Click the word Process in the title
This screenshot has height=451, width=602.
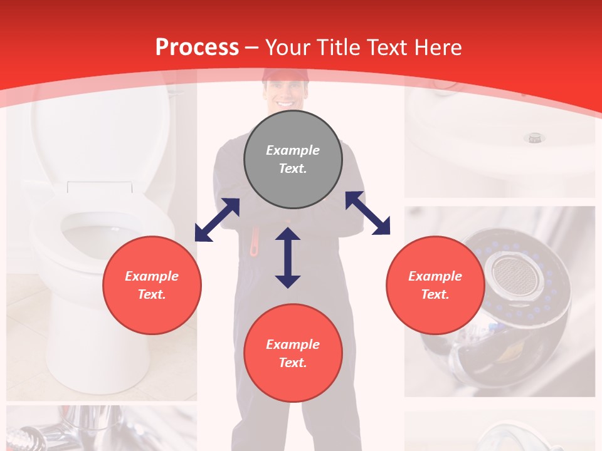pyautogui.click(x=197, y=48)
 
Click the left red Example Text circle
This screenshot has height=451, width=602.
pyautogui.click(x=152, y=285)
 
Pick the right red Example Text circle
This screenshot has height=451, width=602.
pyautogui.click(x=435, y=285)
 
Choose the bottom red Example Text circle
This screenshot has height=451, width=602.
pyautogui.click(x=293, y=353)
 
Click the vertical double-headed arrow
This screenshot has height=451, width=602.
pyautogui.click(x=288, y=257)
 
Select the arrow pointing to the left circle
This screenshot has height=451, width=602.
pyautogui.click(x=217, y=220)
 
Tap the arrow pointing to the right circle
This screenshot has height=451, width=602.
pyautogui.click(x=368, y=213)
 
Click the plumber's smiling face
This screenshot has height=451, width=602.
pyautogui.click(x=286, y=95)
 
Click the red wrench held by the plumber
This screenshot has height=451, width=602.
pyautogui.click(x=255, y=242)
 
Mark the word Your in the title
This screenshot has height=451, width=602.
pyautogui.click(x=287, y=48)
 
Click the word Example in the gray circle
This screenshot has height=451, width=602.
pyautogui.click(x=293, y=150)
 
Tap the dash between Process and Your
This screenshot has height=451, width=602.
pyautogui.click(x=252, y=48)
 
